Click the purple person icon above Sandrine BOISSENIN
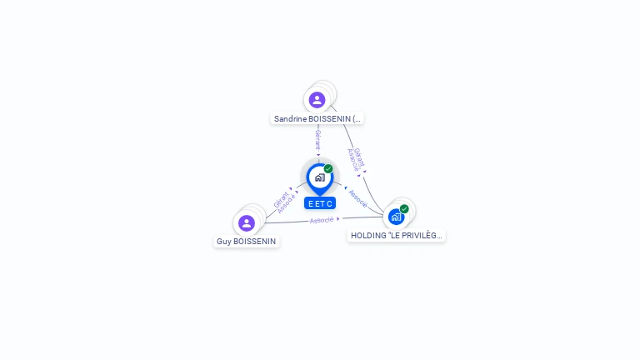pos(317,100)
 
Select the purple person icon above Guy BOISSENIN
pos(247,223)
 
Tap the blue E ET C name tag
pos(320,203)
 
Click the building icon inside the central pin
pos(320,177)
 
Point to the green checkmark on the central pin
pos(328,168)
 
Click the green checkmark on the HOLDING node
pos(404,209)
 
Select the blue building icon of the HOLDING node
pos(396,217)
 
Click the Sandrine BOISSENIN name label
pos(317,119)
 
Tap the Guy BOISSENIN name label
pos(246,241)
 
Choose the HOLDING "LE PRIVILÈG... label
pos(397,236)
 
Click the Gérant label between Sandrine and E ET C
pos(318,140)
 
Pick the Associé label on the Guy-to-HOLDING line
pos(322,220)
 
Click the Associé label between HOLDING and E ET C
pos(358,198)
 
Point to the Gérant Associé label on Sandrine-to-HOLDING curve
pos(356,159)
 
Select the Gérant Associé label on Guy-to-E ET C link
pos(284,202)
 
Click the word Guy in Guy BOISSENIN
pos(224,241)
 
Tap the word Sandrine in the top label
pos(290,119)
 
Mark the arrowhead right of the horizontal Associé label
pos(338,219)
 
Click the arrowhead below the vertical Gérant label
pos(318,155)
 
